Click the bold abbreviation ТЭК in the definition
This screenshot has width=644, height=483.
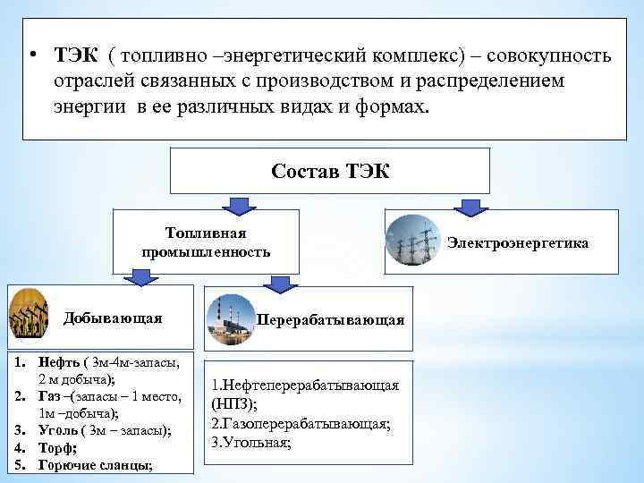76,56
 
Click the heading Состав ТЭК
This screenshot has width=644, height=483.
330,170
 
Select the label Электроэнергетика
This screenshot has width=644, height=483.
518,241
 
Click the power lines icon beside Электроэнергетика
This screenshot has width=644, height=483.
412,241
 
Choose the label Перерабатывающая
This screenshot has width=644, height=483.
330,319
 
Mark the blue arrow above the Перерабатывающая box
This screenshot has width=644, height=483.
280,284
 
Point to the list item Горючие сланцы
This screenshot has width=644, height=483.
95,465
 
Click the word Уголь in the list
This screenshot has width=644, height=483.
57,431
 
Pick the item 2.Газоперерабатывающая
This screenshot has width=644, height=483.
301,422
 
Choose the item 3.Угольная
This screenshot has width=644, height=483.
252,441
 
